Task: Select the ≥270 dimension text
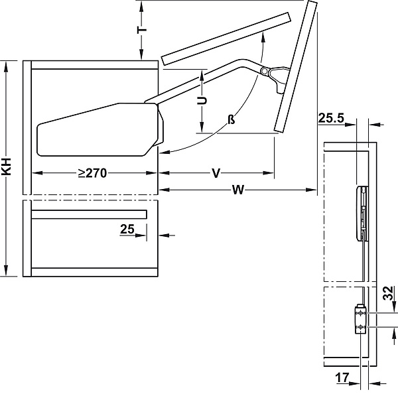pyautogui.click(x=92, y=173)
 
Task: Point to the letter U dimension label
pyautogui.click(x=202, y=100)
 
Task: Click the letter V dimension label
pyautogui.click(x=216, y=174)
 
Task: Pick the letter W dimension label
pyautogui.click(x=237, y=190)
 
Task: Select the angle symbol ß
pyautogui.click(x=231, y=119)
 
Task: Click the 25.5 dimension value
pyautogui.click(x=330, y=119)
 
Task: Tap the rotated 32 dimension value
pyautogui.click(x=389, y=293)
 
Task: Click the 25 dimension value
pyautogui.click(x=127, y=230)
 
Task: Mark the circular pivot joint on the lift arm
pyautogui.click(x=265, y=71)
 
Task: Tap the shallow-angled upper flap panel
pyautogui.click(x=226, y=39)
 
